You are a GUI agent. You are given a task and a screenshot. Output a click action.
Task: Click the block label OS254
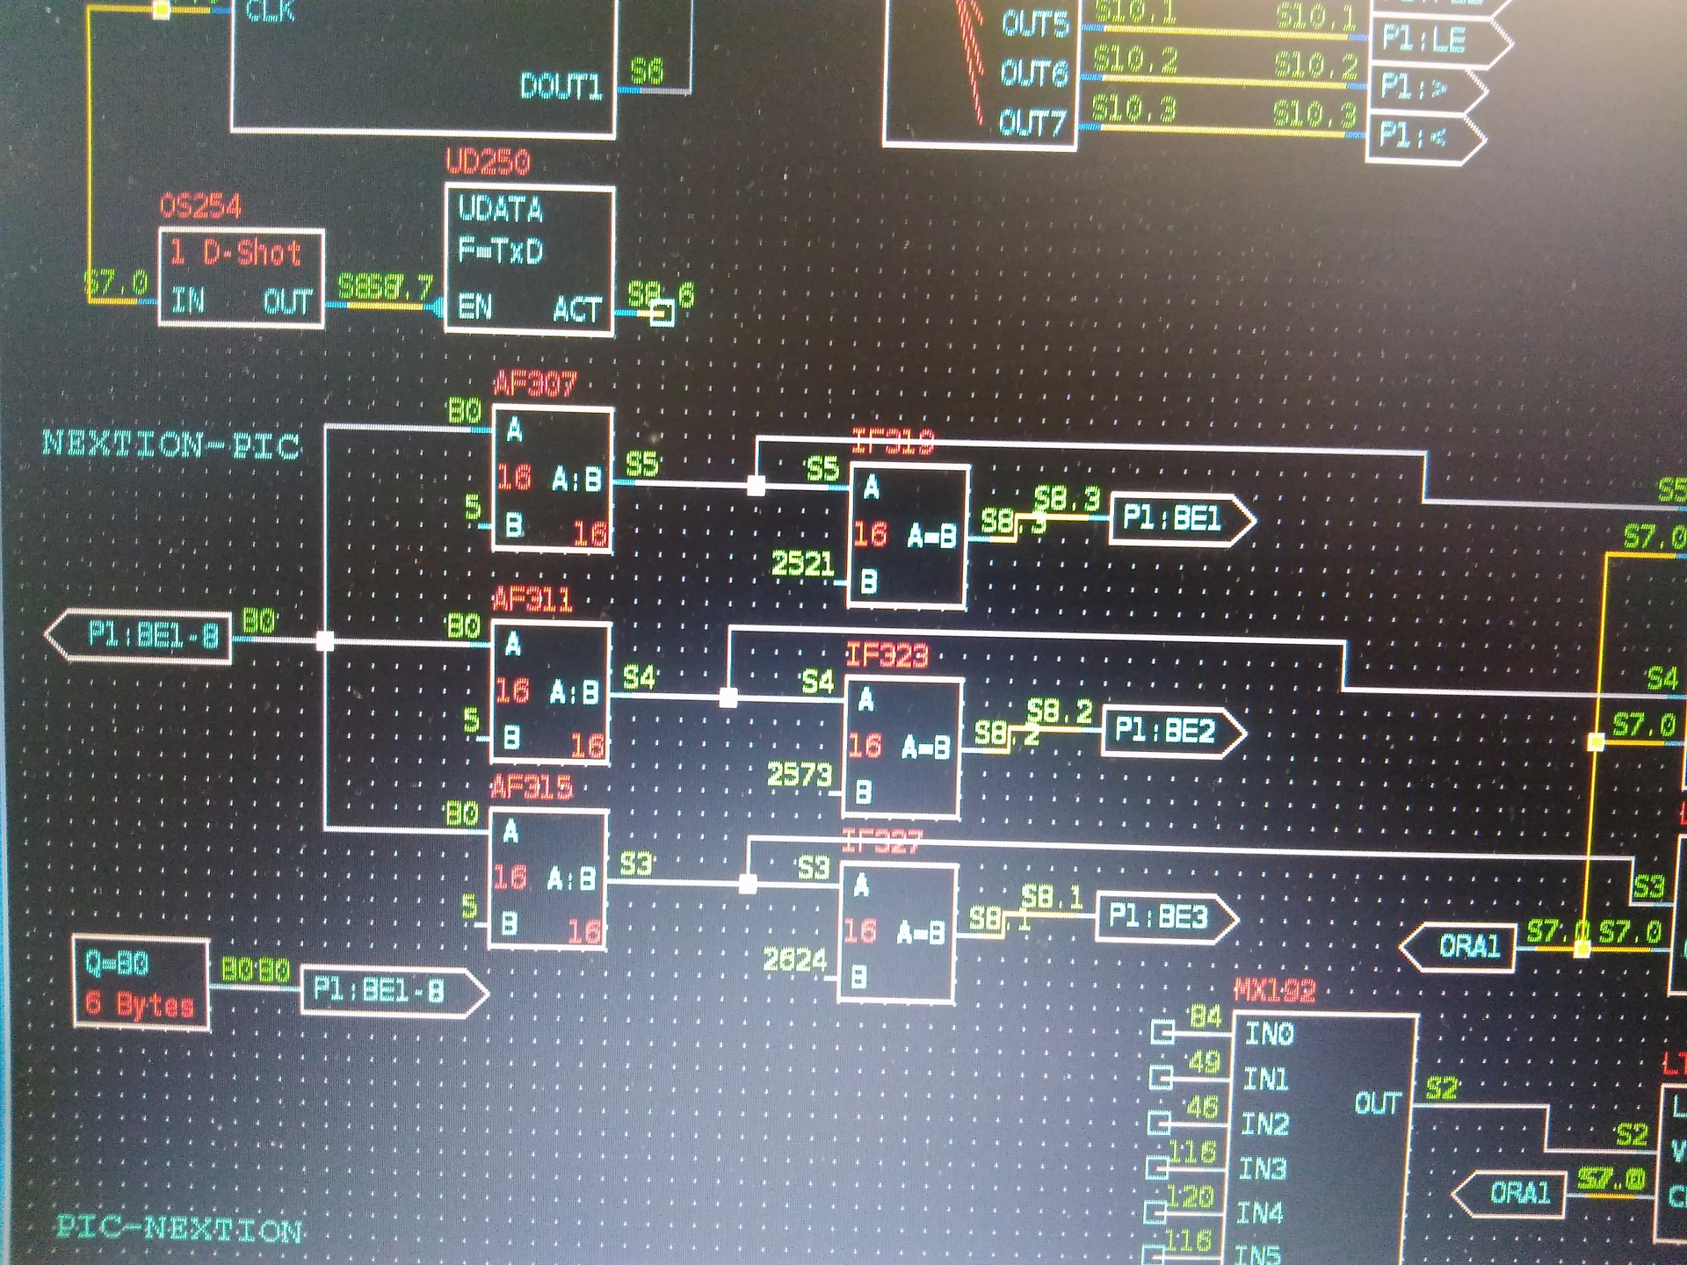pos(200,207)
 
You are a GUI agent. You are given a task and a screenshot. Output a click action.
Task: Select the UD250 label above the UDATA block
pos(488,163)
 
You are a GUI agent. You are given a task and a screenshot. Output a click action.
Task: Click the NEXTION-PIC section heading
pos(172,444)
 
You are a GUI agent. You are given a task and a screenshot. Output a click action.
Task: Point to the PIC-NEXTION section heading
pos(180,1228)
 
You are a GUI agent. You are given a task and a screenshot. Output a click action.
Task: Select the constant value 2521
pos(802,563)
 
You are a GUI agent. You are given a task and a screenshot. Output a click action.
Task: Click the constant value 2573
pos(799,775)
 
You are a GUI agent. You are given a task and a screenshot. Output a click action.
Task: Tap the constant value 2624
pos(794,960)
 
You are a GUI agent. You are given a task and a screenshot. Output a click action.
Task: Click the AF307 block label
pos(534,385)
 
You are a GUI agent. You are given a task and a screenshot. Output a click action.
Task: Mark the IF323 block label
pos(887,655)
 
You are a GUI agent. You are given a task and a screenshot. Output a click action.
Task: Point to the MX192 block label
pos(1274,992)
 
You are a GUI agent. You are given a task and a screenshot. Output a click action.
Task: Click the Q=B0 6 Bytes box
pos(141,983)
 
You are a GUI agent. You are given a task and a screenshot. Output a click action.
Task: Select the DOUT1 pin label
pos(561,87)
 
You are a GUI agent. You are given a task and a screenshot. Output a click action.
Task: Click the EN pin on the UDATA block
pos(475,307)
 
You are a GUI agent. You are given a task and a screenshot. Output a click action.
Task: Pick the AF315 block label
pos(532,787)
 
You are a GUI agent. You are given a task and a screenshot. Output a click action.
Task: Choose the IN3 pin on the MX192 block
pos(1263,1168)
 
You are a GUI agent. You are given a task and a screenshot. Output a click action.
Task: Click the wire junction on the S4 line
pos(728,698)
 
